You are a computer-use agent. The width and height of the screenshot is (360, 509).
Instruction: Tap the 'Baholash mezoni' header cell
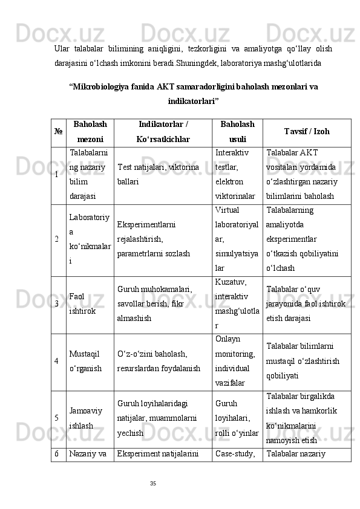click(x=90, y=132)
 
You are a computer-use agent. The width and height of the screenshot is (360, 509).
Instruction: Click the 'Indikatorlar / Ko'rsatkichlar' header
click(x=163, y=132)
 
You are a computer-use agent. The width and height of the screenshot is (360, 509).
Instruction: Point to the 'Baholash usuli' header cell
click(x=237, y=132)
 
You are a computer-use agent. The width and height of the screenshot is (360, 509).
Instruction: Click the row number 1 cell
click(x=58, y=175)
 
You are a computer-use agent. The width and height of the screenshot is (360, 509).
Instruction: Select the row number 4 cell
click(x=58, y=361)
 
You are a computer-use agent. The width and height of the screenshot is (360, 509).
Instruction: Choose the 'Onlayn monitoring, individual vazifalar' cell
click(x=237, y=361)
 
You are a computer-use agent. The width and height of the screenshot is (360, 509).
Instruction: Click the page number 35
click(x=153, y=482)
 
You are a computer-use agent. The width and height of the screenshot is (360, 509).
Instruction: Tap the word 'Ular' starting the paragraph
click(x=61, y=48)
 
